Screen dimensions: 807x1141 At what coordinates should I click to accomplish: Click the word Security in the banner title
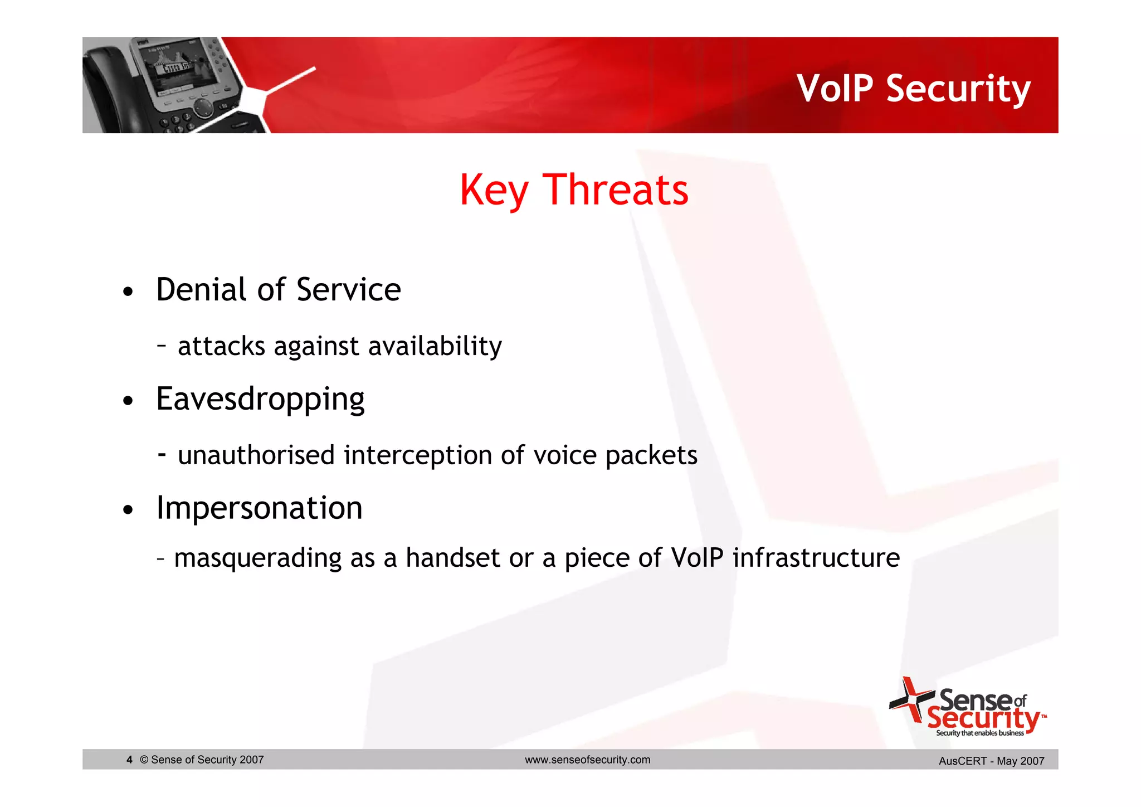point(958,90)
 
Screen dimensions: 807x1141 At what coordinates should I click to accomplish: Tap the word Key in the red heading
point(494,191)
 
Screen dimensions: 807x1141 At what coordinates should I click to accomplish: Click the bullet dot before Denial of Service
point(128,292)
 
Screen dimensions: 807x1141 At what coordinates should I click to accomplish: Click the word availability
point(435,347)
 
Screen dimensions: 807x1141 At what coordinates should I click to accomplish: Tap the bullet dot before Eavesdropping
point(128,401)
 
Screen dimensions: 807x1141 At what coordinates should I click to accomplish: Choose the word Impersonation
point(259,508)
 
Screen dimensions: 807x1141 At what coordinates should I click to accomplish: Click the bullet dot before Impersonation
point(128,510)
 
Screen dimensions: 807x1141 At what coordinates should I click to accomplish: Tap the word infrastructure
point(816,558)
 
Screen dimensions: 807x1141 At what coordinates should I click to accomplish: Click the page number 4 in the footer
point(129,760)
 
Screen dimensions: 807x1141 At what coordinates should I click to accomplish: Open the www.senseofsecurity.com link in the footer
point(587,760)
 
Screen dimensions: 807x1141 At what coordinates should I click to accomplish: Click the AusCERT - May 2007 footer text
point(991,761)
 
